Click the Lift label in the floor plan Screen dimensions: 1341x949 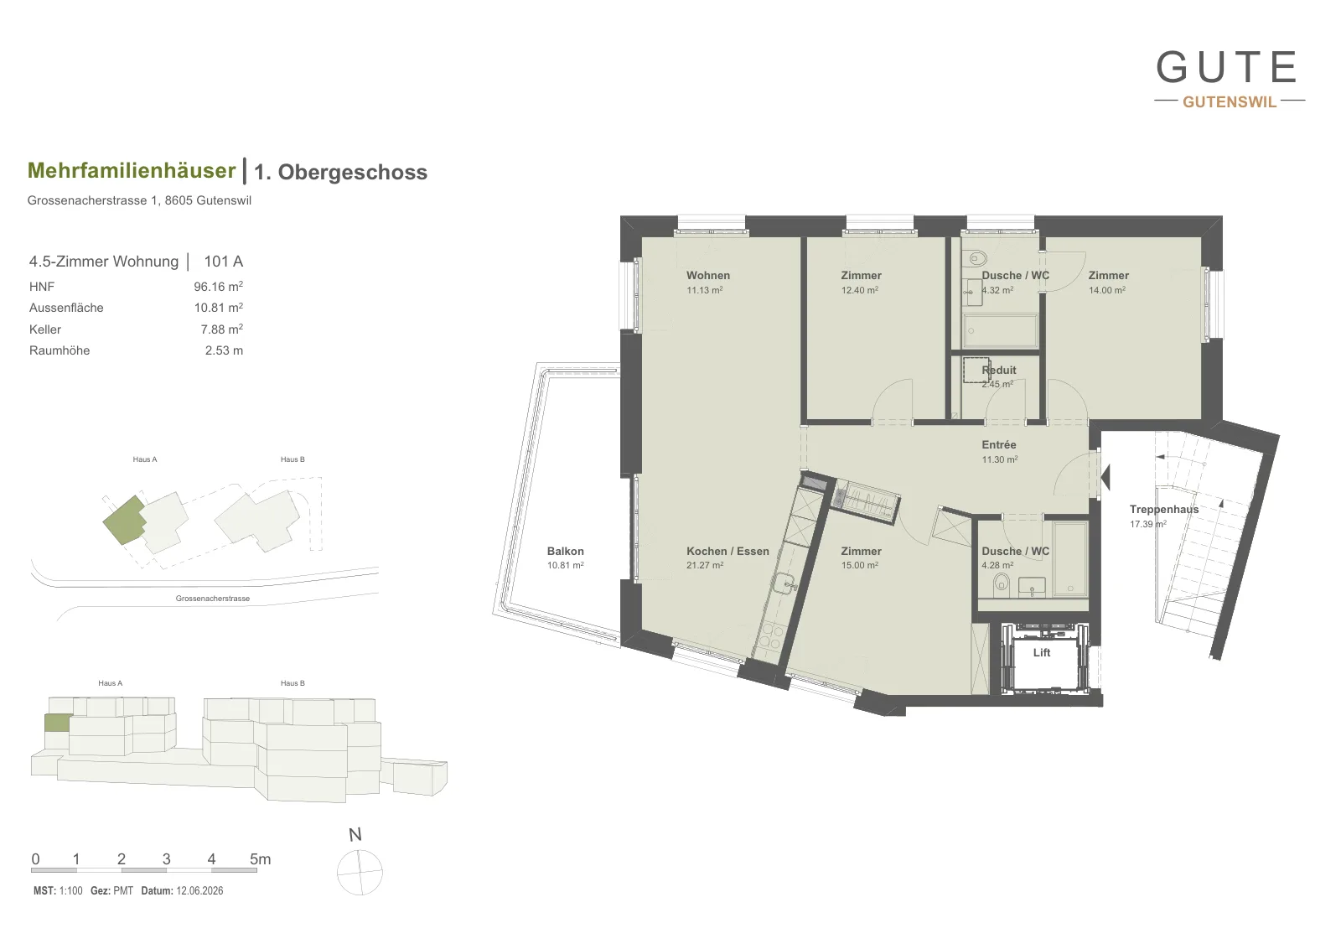point(1041,652)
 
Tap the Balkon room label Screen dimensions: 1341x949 point(565,551)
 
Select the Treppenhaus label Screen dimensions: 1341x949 point(1164,510)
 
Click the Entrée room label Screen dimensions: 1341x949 point(998,445)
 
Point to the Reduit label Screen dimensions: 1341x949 point(998,370)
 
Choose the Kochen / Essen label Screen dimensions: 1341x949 point(727,551)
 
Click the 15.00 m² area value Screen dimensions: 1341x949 point(860,565)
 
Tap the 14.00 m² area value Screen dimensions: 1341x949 point(1107,290)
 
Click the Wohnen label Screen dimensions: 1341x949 point(707,276)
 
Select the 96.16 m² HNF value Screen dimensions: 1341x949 point(218,286)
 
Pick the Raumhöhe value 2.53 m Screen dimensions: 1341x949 point(224,350)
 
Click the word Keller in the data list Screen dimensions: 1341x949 point(45,329)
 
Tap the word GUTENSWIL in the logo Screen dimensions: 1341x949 point(1230,101)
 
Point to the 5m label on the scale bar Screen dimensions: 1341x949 point(260,859)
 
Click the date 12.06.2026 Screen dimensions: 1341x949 point(199,891)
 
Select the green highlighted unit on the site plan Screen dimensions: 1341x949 point(124,520)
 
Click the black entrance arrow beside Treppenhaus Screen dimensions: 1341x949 point(1105,477)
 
